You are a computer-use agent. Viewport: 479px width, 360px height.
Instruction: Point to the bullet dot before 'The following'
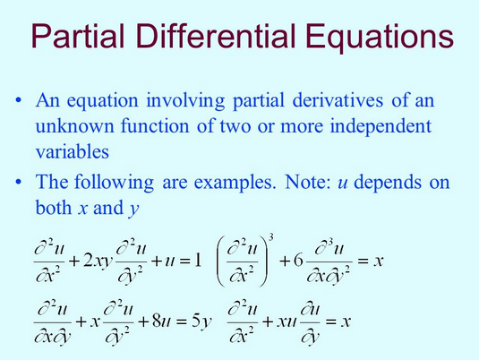click(20, 183)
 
